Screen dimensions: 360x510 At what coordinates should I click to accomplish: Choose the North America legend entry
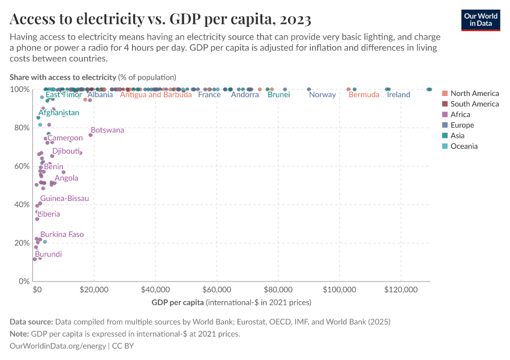point(474,94)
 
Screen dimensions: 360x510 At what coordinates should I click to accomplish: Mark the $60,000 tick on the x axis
point(217,289)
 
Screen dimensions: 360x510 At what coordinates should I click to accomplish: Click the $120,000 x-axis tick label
point(400,289)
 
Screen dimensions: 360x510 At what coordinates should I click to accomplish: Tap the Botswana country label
point(107,130)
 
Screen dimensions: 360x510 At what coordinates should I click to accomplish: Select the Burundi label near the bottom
point(48,254)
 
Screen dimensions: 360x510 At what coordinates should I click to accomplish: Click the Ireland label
point(398,95)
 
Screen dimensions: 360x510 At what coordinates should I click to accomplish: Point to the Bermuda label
point(364,95)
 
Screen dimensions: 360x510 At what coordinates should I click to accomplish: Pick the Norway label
point(322,95)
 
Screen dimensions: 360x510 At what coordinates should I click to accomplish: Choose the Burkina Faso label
point(62,235)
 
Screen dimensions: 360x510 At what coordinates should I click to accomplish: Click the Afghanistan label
point(59,113)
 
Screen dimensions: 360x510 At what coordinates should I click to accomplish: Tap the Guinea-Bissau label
point(64,199)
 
